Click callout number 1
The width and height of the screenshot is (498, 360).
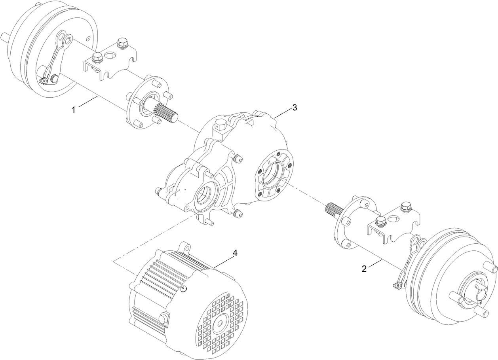coord(73,110)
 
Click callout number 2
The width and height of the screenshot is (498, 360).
coord(364,269)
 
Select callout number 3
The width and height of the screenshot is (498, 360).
coord(294,108)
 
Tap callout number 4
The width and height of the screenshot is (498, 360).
coord(235,254)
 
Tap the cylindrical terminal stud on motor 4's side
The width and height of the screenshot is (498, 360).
coord(163,318)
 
